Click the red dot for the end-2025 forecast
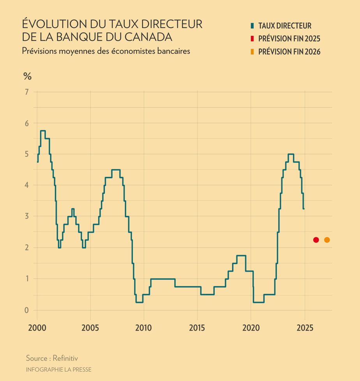point(316,240)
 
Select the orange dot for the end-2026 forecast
point(327,240)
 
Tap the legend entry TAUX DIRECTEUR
point(285,26)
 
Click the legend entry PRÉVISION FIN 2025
point(289,39)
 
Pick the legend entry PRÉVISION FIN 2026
point(289,51)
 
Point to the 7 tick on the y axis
point(27,92)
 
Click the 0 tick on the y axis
point(27,310)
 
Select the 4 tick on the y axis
point(27,185)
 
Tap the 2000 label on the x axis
point(37,326)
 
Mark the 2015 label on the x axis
point(198,326)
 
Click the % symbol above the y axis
point(27,76)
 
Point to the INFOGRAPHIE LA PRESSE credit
point(58,369)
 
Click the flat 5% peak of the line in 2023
point(291,154)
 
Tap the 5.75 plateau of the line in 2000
point(43,131)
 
